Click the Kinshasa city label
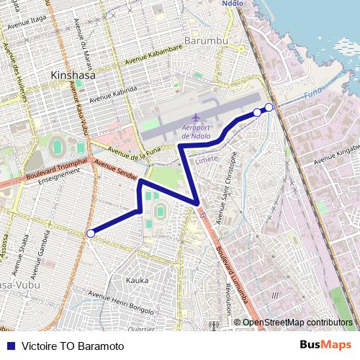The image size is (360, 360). (x=73, y=74)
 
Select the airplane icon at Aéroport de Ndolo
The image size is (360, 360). (x=197, y=117)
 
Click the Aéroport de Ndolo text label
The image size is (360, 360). (x=197, y=132)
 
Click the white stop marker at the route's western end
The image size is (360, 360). (x=90, y=233)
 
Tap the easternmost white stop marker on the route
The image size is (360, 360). (x=269, y=107)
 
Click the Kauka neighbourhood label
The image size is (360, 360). (x=137, y=279)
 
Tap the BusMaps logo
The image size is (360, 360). (x=325, y=346)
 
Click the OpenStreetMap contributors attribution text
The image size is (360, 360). (x=297, y=323)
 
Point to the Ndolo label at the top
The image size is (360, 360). (x=232, y=4)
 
